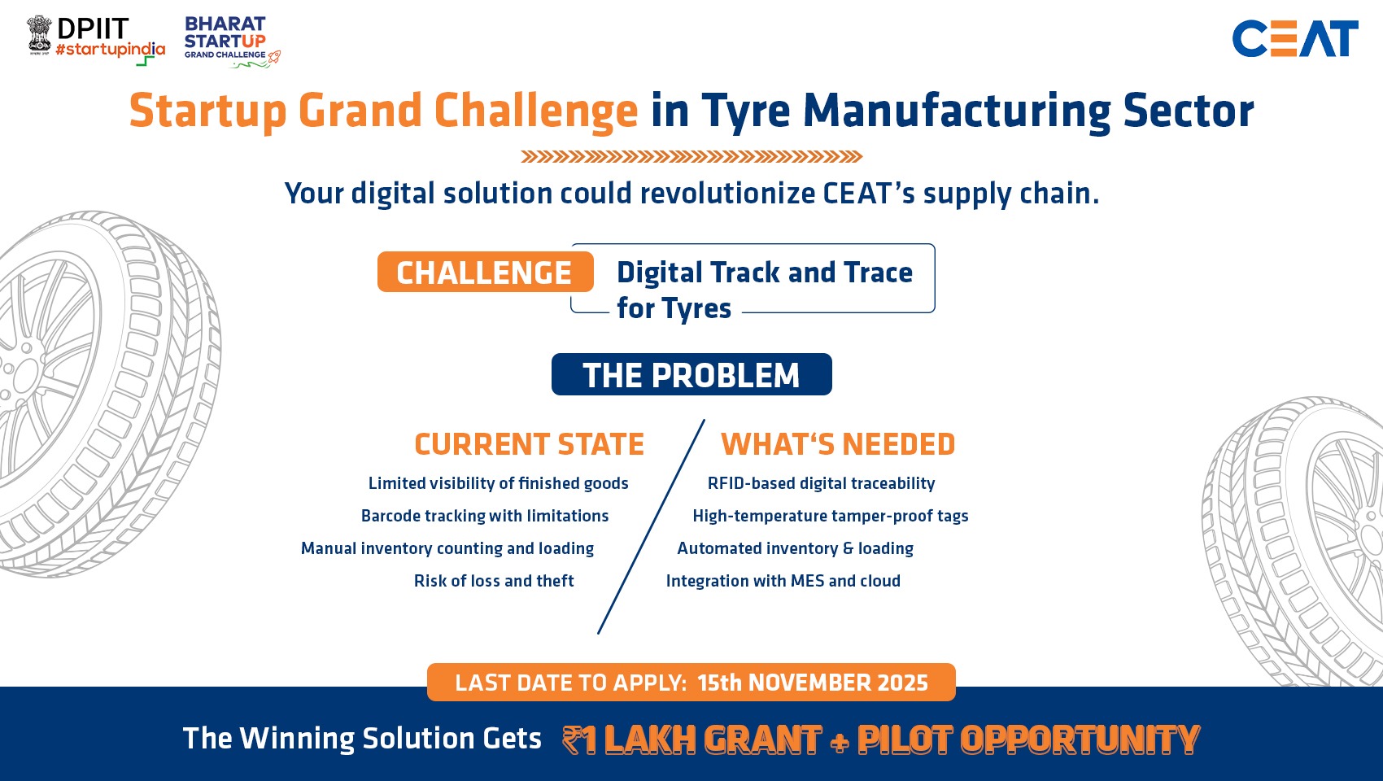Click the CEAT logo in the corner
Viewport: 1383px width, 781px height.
click(1294, 38)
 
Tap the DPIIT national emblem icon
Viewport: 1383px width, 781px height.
click(40, 34)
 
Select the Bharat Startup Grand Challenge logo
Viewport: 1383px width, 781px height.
click(232, 41)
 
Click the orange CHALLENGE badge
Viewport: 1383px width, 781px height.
click(486, 272)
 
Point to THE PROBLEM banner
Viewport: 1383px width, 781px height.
click(691, 374)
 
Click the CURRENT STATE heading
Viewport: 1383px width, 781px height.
click(529, 444)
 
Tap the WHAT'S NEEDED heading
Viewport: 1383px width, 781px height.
click(838, 444)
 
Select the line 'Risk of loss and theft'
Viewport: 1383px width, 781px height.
click(494, 581)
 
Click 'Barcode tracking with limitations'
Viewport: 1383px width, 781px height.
click(485, 516)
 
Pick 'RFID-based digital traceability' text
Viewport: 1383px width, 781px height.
click(821, 483)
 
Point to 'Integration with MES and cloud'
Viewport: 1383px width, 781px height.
click(783, 581)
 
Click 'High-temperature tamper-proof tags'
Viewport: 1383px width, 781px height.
click(831, 516)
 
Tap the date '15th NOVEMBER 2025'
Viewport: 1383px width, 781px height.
click(813, 683)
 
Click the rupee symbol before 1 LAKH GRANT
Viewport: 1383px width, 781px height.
click(572, 740)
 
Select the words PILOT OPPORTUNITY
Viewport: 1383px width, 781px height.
click(1028, 740)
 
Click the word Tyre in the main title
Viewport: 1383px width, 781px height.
click(745, 111)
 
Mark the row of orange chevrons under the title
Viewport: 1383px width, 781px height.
click(691, 157)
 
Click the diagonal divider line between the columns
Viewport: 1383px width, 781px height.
click(652, 526)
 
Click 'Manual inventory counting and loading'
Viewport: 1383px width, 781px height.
click(447, 548)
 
